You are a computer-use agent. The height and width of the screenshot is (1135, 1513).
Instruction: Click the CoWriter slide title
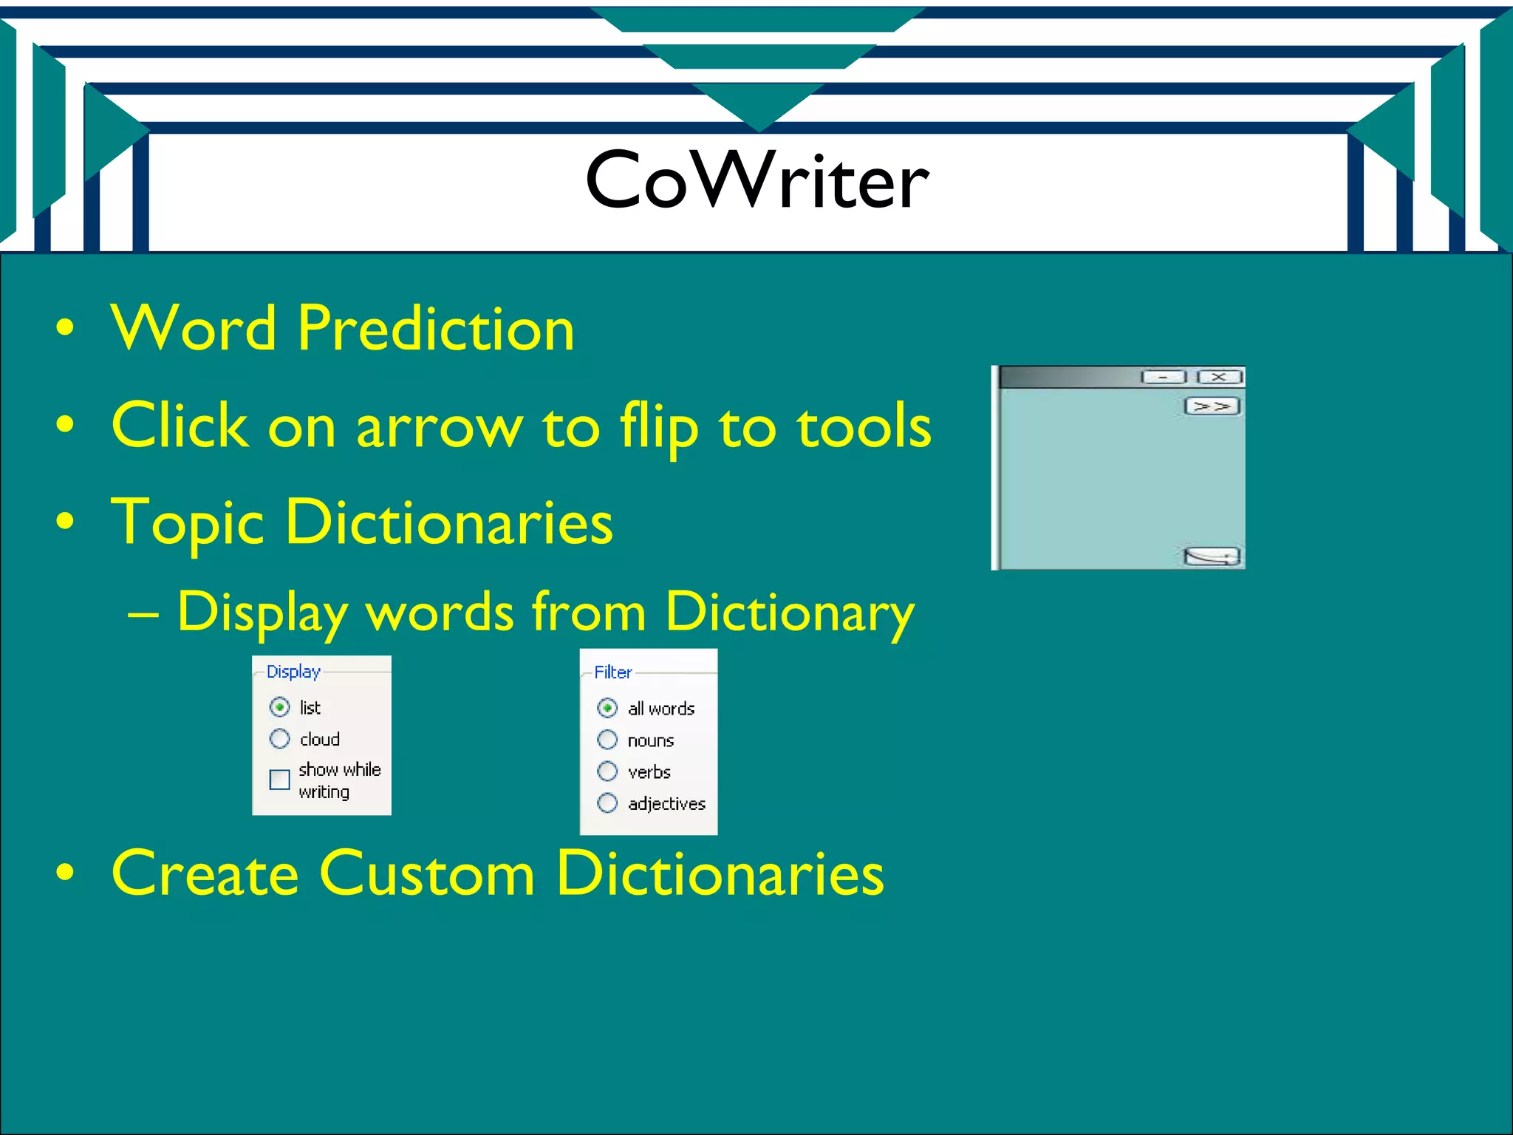756,180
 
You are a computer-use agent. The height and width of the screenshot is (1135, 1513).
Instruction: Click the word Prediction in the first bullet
436,328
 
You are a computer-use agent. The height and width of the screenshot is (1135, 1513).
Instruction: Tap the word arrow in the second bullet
439,427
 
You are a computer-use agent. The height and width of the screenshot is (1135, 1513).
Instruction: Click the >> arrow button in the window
1212,406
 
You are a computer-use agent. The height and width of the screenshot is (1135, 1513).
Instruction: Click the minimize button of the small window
1164,378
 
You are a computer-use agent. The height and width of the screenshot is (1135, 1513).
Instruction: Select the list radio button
280,707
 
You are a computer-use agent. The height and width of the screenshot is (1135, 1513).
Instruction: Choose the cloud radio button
280,738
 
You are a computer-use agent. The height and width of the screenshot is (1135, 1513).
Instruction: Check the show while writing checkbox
280,780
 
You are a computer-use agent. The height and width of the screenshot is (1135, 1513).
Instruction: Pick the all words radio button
607,708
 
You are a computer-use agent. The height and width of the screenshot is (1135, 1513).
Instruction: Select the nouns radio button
607,740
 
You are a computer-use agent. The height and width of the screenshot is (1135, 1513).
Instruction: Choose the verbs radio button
607,771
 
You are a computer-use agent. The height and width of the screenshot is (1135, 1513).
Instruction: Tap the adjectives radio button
607,803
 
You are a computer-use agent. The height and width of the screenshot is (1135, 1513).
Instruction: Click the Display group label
293,672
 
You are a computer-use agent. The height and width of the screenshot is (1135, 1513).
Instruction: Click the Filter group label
613,672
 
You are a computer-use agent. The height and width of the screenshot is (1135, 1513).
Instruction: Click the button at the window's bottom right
1212,556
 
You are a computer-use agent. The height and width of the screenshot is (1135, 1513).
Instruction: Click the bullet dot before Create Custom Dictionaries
65,873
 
